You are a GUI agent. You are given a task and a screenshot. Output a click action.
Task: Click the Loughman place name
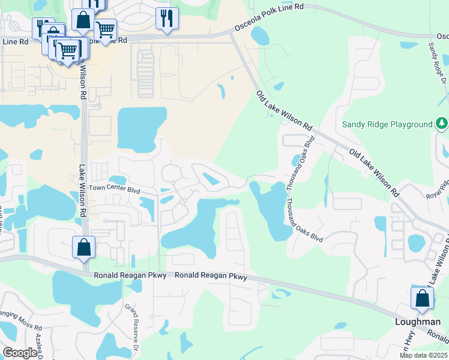417,322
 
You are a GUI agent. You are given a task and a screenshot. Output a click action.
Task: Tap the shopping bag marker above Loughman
422,298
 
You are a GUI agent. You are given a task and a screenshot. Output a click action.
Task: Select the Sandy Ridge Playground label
387,125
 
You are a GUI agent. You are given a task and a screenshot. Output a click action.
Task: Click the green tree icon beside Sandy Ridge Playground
442,124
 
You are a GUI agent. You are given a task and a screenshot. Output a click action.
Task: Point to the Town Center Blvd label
114,188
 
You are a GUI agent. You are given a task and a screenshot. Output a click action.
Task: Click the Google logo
20,353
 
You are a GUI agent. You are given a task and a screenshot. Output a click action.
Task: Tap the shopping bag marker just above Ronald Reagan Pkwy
83,247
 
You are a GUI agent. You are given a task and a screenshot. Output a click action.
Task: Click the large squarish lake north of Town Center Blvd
141,129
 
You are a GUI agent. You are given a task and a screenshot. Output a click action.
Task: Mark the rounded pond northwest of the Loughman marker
416,243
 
